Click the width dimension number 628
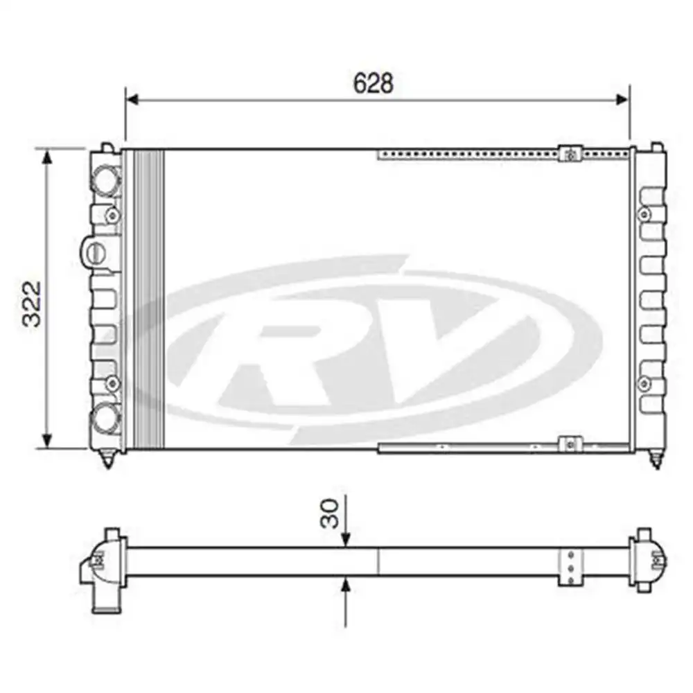373,83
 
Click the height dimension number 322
33,304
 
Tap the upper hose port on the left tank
106,180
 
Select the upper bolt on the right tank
644,214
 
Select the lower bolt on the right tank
644,383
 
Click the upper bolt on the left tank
112,216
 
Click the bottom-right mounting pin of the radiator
656,459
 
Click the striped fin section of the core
149,298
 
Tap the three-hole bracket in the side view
570,568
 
